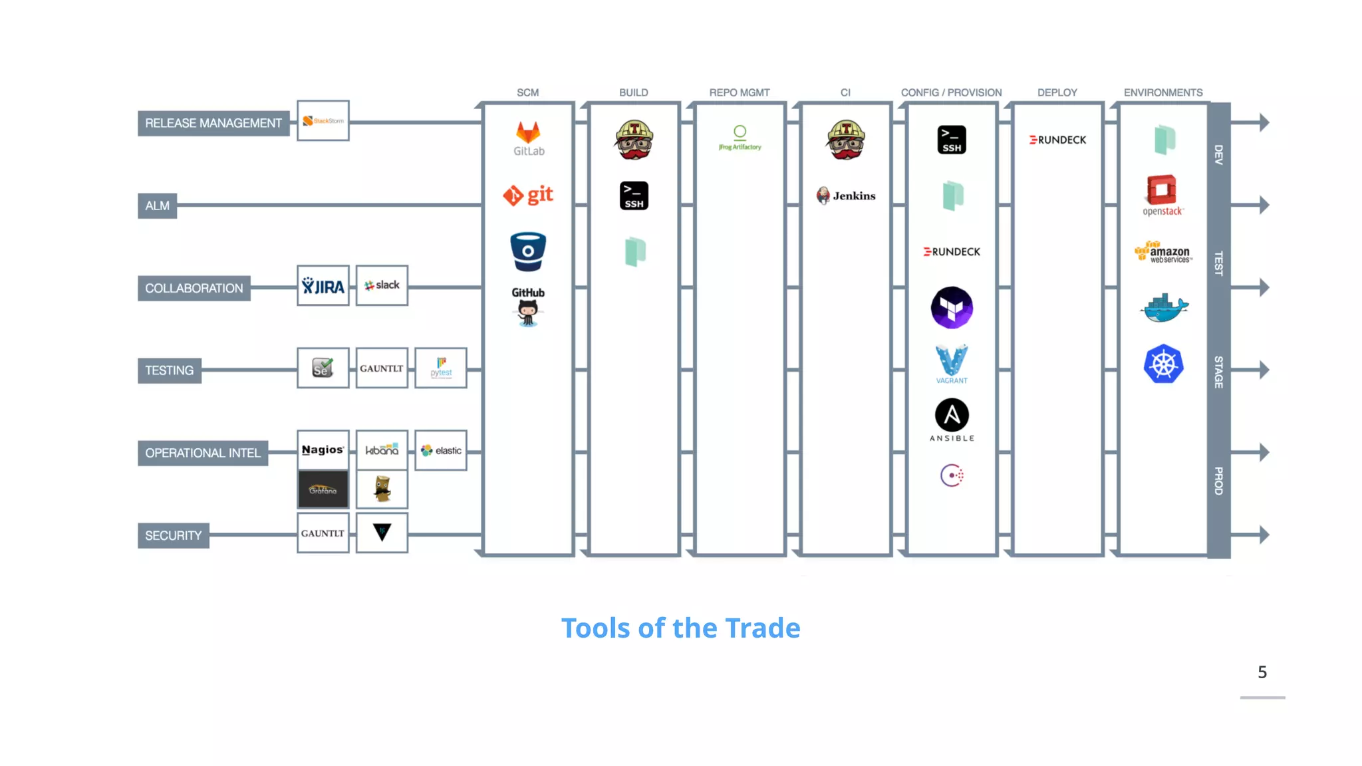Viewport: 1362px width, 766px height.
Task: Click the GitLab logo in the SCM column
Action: click(x=528, y=138)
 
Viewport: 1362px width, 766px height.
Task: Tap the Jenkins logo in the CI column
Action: click(x=845, y=195)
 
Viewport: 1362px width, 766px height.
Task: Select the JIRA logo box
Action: click(x=323, y=286)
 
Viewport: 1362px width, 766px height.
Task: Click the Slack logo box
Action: click(x=382, y=286)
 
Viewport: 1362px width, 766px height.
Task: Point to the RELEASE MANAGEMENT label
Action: click(x=213, y=123)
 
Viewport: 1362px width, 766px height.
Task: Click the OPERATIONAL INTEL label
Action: click(x=203, y=453)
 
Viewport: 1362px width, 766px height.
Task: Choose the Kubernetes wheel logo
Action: click(x=1163, y=364)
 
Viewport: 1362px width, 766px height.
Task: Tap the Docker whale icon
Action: click(x=1164, y=308)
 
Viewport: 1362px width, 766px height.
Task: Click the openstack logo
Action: click(x=1162, y=195)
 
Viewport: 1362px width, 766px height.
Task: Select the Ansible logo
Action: click(x=952, y=420)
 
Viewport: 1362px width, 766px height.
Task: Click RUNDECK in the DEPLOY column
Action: click(x=1057, y=140)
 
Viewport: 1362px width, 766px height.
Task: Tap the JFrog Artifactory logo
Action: click(x=740, y=138)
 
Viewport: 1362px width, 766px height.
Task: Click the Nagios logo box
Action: click(x=323, y=450)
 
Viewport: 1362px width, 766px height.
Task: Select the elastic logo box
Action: click(x=441, y=450)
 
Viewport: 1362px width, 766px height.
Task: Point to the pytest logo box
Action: click(x=441, y=368)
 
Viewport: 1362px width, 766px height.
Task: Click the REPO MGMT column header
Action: click(x=739, y=92)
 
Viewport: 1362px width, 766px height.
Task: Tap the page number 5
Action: click(x=1262, y=672)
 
